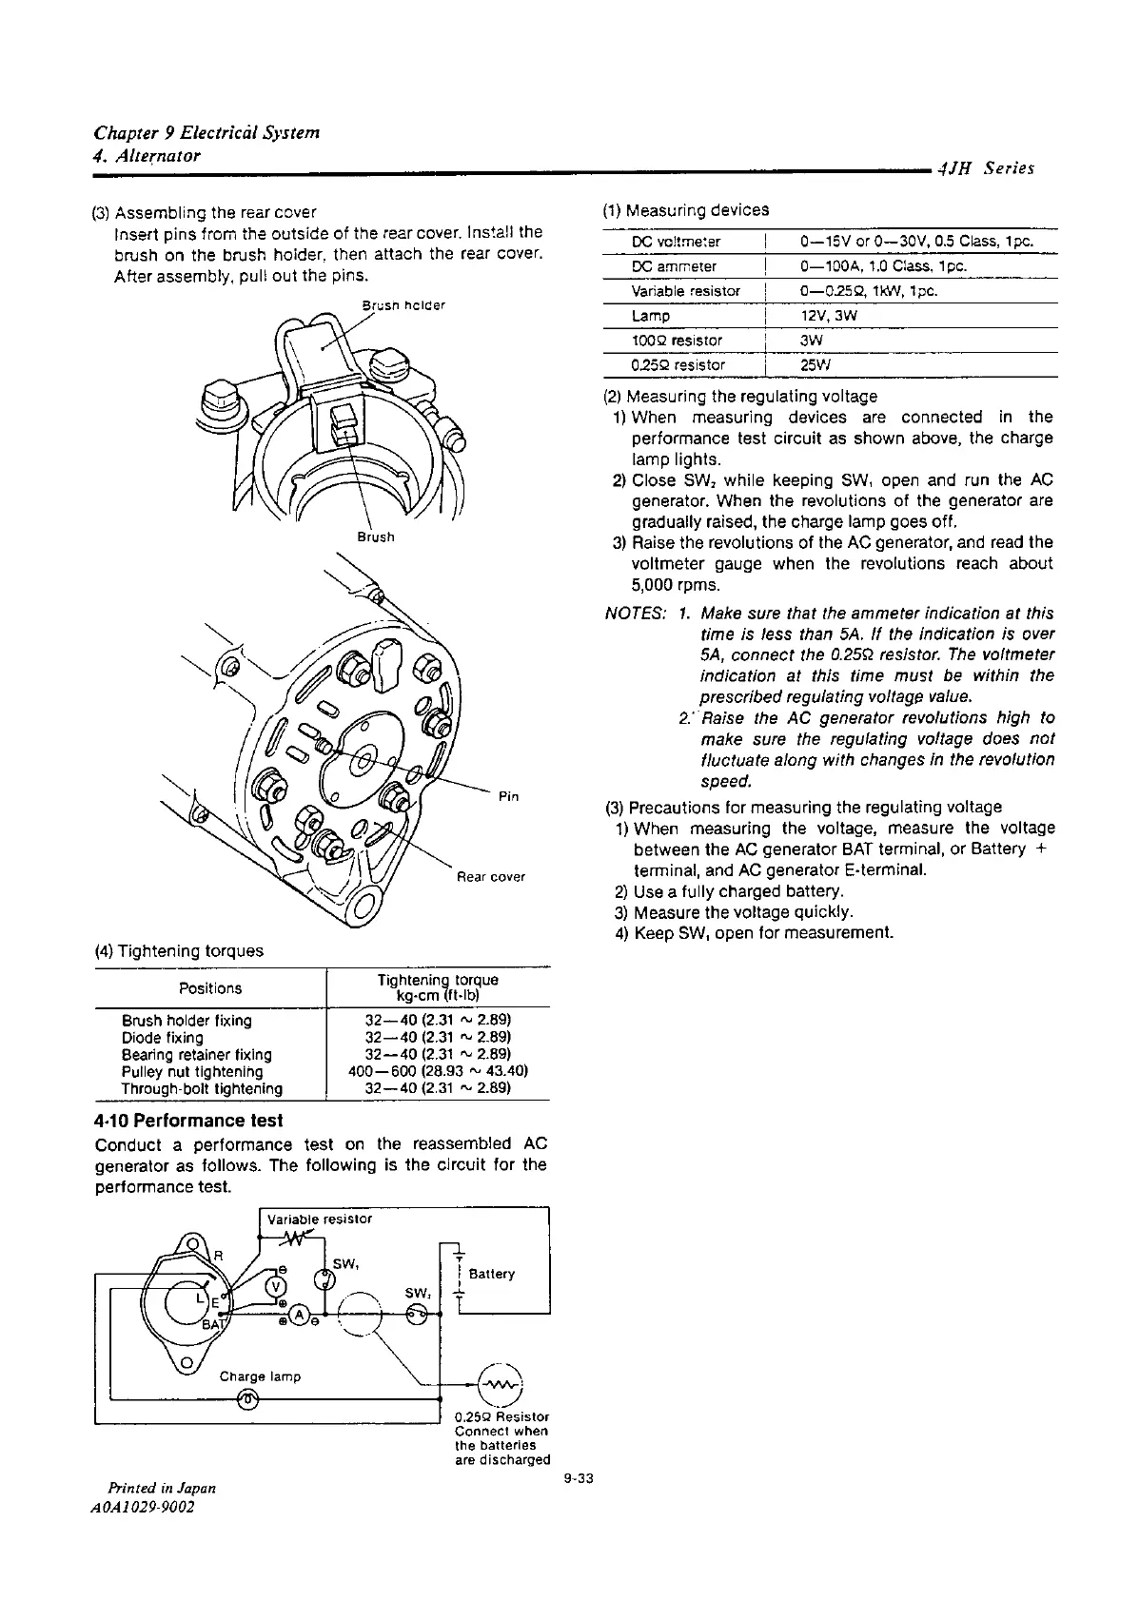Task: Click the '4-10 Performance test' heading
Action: pos(189,1121)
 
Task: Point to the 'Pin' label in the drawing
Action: pos(507,796)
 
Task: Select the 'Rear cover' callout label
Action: pos(491,876)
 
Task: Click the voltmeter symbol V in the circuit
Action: pos(276,1286)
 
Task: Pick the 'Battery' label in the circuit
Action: pos(492,1274)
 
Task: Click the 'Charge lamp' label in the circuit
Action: pos(260,1376)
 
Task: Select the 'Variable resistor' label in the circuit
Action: pos(320,1219)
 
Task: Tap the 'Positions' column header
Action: pos(210,988)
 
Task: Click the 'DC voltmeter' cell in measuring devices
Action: pos(676,242)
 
